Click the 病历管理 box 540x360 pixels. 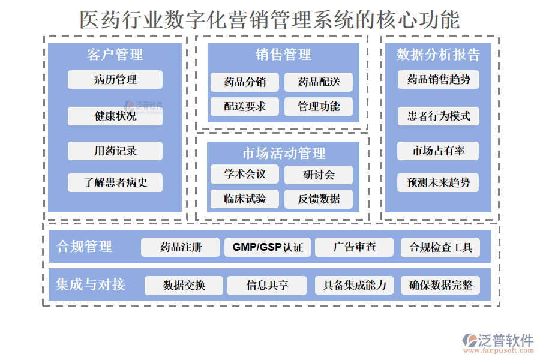(115, 80)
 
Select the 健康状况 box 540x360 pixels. (115, 116)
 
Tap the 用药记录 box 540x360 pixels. (115, 151)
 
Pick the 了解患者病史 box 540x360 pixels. (115, 182)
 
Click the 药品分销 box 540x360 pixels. (245, 82)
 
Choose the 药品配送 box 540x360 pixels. (319, 82)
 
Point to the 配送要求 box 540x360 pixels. (245, 107)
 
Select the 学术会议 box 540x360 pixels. (245, 175)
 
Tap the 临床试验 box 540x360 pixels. (245, 199)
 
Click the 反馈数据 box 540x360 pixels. (319, 199)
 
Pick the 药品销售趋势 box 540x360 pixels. (439, 79)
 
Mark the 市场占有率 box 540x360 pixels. (439, 151)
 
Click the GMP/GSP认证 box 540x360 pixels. (268, 247)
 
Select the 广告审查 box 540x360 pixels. (355, 247)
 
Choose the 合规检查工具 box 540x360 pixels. (440, 247)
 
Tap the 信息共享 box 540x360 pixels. (267, 286)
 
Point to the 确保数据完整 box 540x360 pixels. (440, 286)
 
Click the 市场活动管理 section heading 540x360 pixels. (283, 154)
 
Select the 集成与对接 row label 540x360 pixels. (91, 284)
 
